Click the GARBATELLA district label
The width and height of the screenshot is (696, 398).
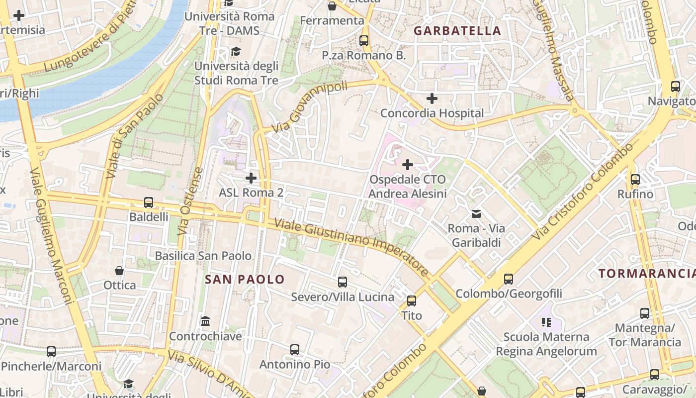pos(457,31)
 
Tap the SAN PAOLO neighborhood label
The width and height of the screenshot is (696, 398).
pos(245,280)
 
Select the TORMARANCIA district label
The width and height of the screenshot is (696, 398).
pos(647,273)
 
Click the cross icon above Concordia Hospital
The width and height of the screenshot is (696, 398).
pos(432,99)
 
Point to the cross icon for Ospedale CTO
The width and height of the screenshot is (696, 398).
pos(408,164)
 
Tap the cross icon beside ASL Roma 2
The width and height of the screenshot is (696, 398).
pos(251,178)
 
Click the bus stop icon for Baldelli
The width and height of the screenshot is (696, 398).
pos(149,202)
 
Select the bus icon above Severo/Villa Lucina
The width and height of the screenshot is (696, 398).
pos(343,282)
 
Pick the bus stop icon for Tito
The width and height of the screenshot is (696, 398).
pos(412,300)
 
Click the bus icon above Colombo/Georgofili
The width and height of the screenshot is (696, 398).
pos(509,279)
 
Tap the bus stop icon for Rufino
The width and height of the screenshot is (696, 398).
pos(635,180)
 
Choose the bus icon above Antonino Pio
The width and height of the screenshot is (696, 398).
pos(295,350)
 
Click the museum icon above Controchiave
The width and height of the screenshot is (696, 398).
pos(205,321)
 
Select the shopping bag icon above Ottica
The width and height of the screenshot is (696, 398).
pos(119,271)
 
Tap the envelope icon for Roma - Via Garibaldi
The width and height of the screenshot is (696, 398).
pos(476,214)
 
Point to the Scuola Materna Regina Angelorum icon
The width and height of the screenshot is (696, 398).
pos(546,322)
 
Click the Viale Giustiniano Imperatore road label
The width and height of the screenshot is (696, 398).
pos(350,247)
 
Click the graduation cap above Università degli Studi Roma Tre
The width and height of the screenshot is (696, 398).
pos(235,51)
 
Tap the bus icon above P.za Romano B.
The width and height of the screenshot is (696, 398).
pos(364,41)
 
